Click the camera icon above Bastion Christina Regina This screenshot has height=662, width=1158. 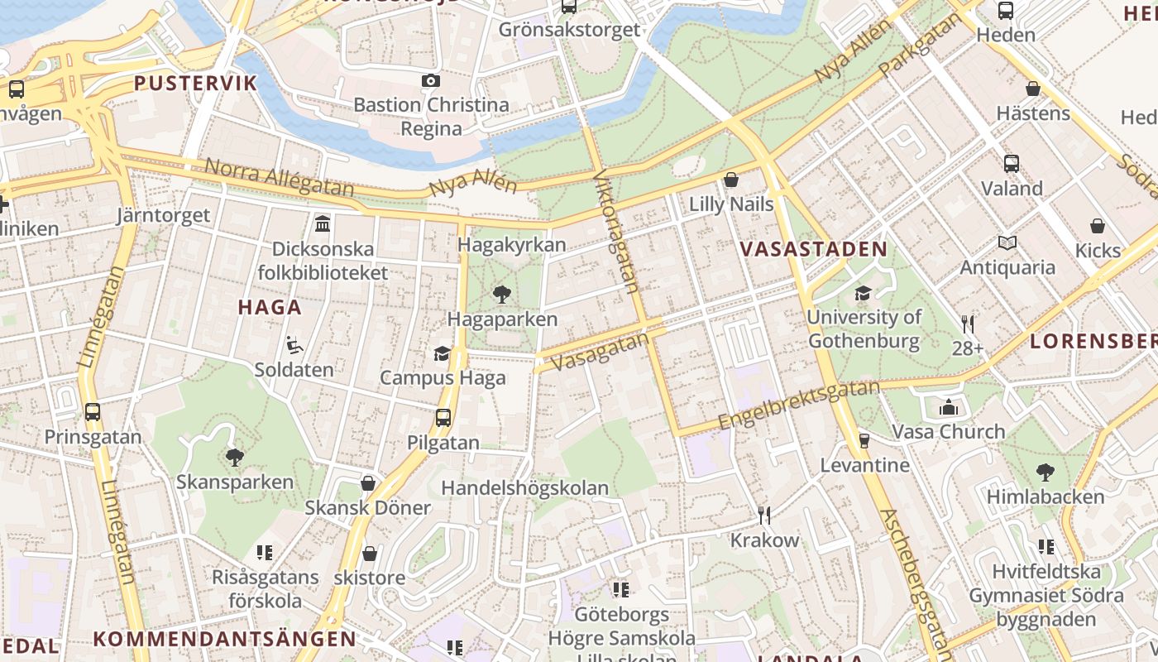(x=431, y=81)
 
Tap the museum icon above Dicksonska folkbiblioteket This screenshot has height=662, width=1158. (x=323, y=223)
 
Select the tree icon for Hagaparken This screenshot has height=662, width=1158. (x=501, y=294)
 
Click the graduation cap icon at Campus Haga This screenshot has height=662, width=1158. (x=443, y=354)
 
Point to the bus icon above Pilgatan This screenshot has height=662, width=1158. (x=443, y=418)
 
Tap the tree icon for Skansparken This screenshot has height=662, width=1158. (x=235, y=457)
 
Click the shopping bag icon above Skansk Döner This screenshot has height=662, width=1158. (x=368, y=483)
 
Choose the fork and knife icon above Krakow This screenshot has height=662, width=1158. (x=764, y=516)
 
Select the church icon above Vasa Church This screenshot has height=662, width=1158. (x=949, y=407)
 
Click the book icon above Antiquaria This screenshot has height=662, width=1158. (x=1007, y=242)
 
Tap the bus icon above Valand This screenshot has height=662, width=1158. (x=1011, y=164)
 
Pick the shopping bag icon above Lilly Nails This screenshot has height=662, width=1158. (x=731, y=180)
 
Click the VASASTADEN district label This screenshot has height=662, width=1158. (x=813, y=249)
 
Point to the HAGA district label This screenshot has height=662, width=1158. (x=270, y=307)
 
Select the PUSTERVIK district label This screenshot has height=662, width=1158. (x=196, y=83)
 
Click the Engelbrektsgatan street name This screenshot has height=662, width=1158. (x=798, y=405)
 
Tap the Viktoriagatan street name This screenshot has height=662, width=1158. (x=617, y=233)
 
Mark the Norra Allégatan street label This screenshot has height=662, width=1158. (x=278, y=178)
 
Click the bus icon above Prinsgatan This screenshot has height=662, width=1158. (x=93, y=412)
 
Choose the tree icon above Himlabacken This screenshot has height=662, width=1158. (x=1046, y=473)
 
